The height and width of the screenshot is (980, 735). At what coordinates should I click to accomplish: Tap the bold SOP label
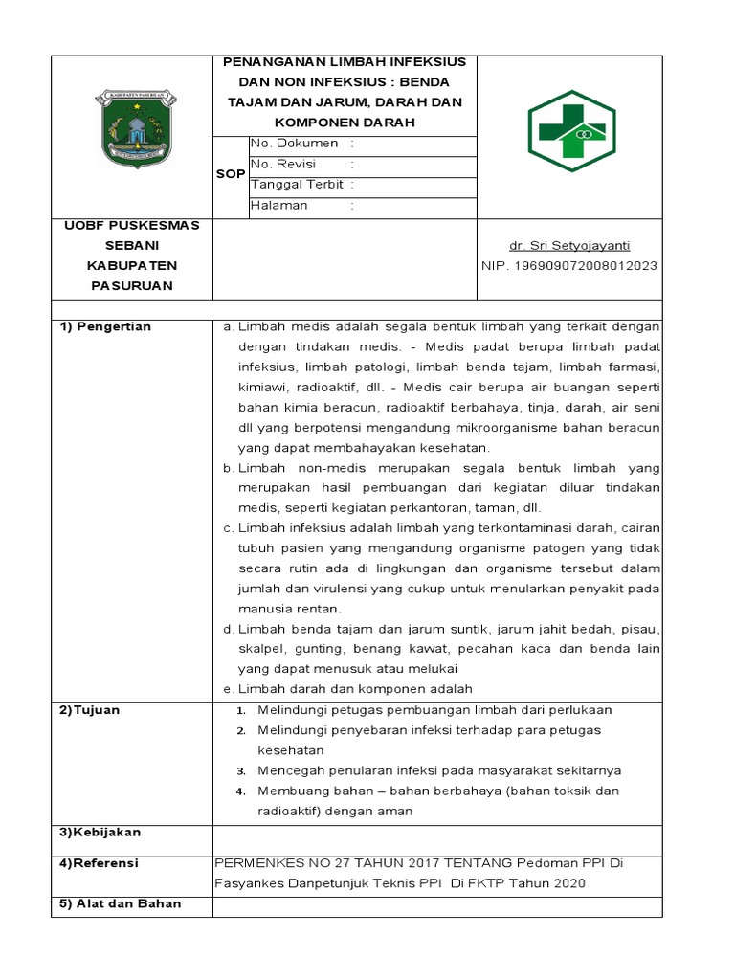tap(230, 174)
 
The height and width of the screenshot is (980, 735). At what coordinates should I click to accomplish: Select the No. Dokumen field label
tap(295, 144)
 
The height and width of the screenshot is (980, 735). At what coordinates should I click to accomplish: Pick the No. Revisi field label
tap(283, 165)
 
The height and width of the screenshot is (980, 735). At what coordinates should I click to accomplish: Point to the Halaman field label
tap(279, 205)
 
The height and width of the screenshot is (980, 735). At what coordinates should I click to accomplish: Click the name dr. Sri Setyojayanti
tap(569, 246)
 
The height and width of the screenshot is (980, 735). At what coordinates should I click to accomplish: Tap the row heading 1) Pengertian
tap(106, 327)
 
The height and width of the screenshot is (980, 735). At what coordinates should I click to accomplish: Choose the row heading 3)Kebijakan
tap(100, 833)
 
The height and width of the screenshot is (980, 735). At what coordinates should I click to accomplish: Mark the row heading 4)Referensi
tap(100, 863)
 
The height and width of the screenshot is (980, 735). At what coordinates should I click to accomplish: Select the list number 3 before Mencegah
tap(243, 771)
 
